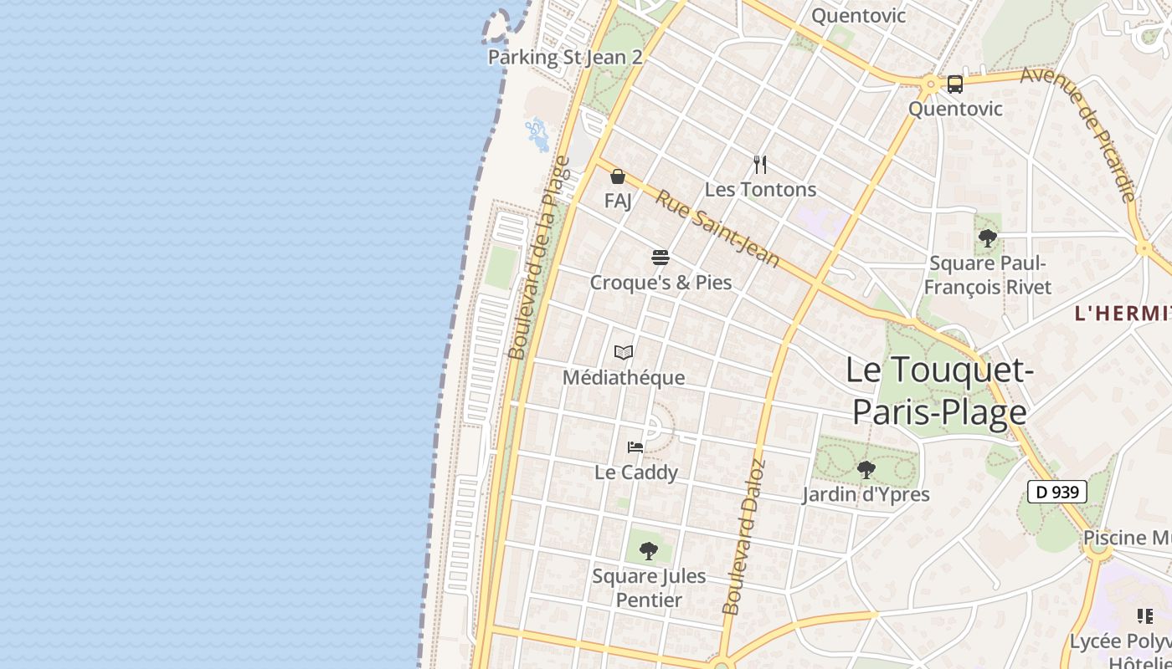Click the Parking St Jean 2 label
(565, 58)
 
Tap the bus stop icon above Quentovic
(955, 84)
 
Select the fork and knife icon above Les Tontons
(760, 164)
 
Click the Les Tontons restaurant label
(760, 190)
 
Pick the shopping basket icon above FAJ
(618, 176)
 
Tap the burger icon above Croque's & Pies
(661, 257)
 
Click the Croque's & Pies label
(661, 283)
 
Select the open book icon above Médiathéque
(623, 352)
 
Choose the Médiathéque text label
(623, 378)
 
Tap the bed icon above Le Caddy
(635, 447)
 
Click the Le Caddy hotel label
(635, 472)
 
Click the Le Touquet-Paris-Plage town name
(936, 391)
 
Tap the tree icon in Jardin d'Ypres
(866, 469)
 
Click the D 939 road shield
(1056, 492)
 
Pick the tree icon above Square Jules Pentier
(648, 550)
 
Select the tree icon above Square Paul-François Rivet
(988, 238)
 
